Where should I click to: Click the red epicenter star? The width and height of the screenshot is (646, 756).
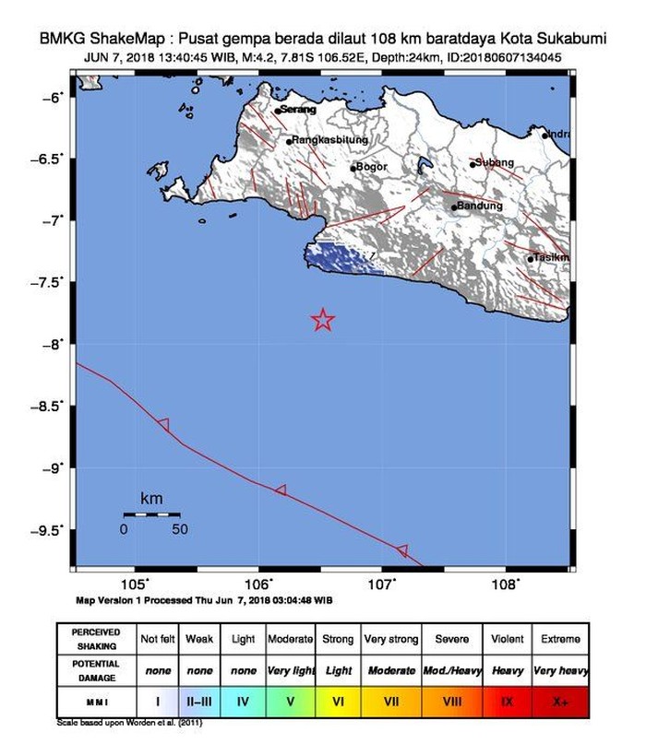323,320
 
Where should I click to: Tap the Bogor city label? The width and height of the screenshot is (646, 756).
371,167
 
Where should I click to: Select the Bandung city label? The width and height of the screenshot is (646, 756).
480,206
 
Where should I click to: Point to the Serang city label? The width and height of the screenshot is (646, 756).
297,110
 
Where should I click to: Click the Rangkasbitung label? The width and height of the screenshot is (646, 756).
329,140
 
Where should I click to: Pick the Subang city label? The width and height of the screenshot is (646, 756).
495,162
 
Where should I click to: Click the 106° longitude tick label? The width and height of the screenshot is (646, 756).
258,585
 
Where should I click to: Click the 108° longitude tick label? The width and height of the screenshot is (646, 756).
506,585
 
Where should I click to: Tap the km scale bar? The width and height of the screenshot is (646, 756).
151,514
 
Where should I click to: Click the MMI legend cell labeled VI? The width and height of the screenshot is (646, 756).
339,702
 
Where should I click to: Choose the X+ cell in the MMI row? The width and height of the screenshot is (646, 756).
561,702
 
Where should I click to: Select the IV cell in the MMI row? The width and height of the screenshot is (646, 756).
244,702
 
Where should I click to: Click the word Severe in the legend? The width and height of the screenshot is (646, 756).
451,638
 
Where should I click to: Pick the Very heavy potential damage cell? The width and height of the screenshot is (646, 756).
561,670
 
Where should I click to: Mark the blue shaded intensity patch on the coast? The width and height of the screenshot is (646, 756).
341,257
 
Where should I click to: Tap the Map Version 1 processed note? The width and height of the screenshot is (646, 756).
203,599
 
